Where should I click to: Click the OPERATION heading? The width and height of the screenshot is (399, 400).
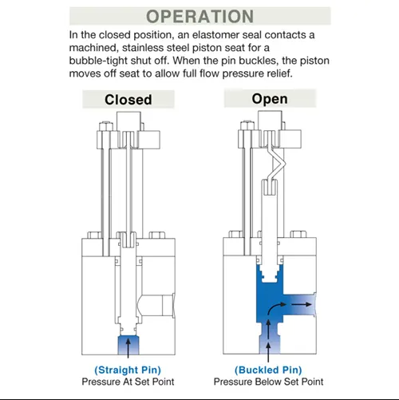tap(199, 16)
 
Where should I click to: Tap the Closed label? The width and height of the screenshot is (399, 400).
tap(128, 100)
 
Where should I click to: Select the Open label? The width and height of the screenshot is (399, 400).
tap(270, 99)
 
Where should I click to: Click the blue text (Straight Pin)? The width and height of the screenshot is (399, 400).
tap(128, 370)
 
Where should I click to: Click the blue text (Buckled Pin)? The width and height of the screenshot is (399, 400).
tap(268, 370)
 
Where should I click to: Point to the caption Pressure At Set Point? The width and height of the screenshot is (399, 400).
tap(128, 382)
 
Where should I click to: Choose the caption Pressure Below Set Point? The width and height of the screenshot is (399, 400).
tap(268, 382)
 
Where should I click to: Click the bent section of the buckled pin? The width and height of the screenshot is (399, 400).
tap(277, 163)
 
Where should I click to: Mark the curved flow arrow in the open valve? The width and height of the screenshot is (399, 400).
tap(275, 307)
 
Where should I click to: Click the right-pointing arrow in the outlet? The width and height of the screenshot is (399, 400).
tap(301, 304)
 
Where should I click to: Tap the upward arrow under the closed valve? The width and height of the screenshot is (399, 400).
tap(128, 348)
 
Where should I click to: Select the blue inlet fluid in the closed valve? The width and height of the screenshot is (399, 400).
tap(128, 345)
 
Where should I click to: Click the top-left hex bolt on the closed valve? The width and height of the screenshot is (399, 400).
tap(106, 126)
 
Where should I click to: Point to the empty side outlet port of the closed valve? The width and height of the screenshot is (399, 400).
tap(156, 305)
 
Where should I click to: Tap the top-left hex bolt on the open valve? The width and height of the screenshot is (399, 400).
tap(247, 125)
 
